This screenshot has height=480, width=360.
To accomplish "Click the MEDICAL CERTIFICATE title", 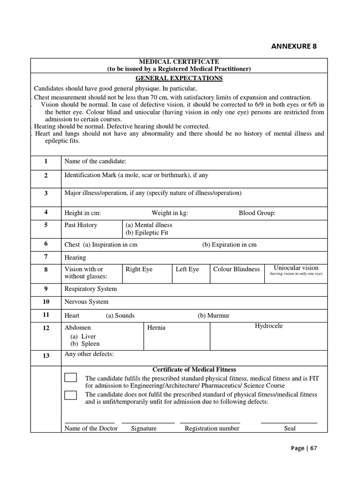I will tap(180, 62).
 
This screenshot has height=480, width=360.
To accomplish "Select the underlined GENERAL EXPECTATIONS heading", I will tap(179, 78).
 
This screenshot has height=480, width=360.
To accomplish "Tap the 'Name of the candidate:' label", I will tap(95, 161).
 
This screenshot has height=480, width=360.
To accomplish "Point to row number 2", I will tap(46, 176).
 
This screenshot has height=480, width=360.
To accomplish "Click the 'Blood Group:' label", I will tap(257, 213).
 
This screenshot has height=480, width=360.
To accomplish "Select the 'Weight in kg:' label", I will tap(170, 213).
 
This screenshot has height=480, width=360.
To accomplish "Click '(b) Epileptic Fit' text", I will tap(147, 232).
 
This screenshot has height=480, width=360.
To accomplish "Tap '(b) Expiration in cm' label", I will tap(229, 245).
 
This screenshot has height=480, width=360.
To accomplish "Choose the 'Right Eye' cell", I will tap(139, 270).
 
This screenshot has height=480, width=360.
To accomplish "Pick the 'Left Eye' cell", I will tap(187, 270).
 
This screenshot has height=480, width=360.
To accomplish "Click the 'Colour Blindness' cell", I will tap(236, 270).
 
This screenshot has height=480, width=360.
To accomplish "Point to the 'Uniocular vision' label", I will tap(296, 268).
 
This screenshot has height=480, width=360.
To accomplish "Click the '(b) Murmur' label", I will tap(214, 316).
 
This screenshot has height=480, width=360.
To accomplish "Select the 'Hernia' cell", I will tap(157, 328).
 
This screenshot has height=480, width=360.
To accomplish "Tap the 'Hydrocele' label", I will tap(269, 326).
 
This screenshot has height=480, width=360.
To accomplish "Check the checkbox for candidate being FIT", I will tap(71, 378).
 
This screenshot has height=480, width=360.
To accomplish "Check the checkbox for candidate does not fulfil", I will tap(71, 395).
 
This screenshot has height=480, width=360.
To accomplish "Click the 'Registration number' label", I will tap(212, 428).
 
